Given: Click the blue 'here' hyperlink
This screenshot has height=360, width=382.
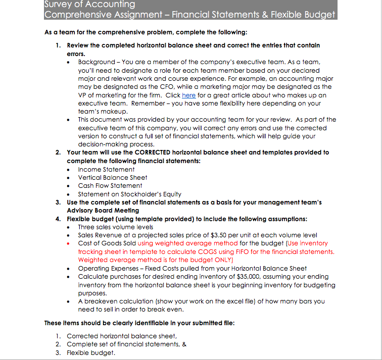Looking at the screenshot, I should point(188,95).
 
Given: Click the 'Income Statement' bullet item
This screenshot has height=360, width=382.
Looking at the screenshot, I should point(106,169).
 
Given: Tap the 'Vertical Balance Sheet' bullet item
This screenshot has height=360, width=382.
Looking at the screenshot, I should point(112,177).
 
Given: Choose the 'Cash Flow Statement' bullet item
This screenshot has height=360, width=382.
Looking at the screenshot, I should point(110,186).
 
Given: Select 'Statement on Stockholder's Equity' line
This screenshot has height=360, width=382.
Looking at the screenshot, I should point(129,194).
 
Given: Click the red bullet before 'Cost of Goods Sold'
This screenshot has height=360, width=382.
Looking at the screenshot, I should point(69,243).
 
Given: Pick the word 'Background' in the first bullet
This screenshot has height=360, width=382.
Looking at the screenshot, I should point(96,62).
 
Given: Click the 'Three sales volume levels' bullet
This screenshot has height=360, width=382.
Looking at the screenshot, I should point(115,227).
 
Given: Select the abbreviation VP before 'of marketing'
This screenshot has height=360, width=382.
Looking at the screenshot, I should point(82,95).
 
